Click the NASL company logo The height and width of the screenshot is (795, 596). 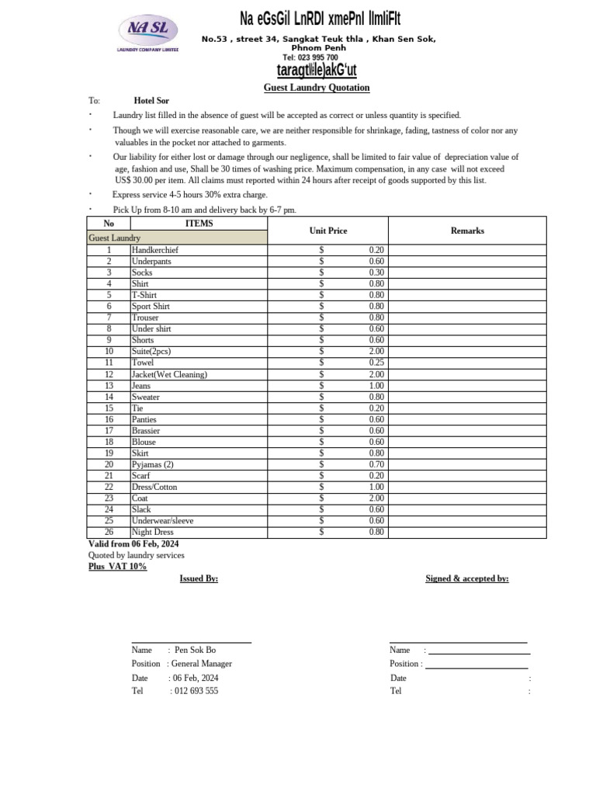coord(147,33)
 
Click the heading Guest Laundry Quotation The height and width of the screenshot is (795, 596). coord(317,88)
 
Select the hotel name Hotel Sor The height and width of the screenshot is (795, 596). coord(151,101)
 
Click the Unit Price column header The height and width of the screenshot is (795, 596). coord(328,231)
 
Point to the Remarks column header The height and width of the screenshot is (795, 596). coord(467,231)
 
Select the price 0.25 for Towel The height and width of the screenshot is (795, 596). coord(376,363)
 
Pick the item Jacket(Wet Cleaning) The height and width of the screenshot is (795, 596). coord(169,374)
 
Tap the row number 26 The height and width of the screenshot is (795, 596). coord(109,532)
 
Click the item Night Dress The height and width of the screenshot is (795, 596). coord(153,532)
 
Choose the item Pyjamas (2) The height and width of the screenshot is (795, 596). coord(153,464)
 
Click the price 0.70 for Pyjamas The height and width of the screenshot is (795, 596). coord(376,464)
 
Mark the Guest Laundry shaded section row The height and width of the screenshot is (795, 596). coord(178,238)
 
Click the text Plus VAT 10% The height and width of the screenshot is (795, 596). coord(117,567)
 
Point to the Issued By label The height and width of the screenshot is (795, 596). coord(199,578)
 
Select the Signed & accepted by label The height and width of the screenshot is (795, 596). coord(467,578)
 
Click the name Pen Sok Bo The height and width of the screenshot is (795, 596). coord(196,650)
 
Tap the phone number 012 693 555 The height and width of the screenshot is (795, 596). coord(196,691)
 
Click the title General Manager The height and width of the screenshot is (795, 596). coord(201,664)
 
